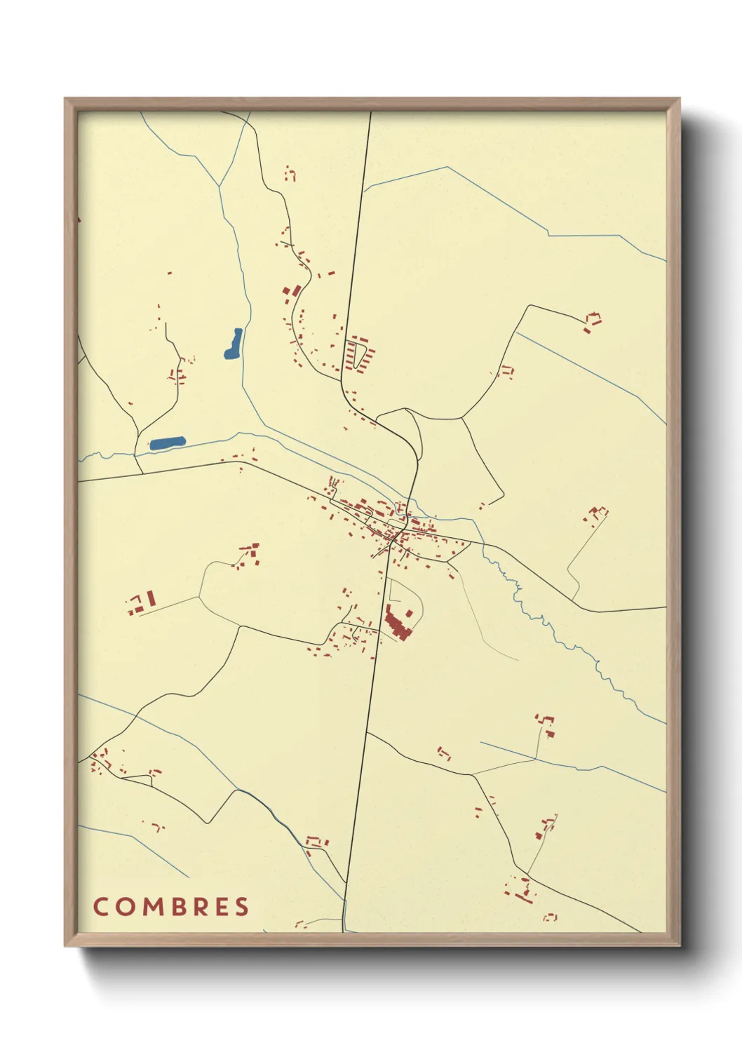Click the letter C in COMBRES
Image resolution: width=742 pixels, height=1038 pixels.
[100, 906]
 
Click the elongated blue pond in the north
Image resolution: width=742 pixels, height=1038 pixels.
[234, 344]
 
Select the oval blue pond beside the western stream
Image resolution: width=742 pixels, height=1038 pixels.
[168, 443]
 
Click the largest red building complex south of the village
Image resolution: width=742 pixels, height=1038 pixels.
[397, 623]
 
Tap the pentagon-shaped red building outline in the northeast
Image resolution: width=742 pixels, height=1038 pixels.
[593, 320]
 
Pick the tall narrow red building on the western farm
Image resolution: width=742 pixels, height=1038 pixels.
[150, 600]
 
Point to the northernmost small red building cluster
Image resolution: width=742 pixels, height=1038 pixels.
[290, 173]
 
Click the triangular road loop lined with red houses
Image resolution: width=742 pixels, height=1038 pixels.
[359, 353]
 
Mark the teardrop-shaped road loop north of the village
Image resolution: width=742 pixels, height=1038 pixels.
[403, 430]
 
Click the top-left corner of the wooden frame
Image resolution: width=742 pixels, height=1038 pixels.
[65, 99]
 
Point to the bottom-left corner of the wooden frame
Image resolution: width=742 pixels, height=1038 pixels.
[65, 945]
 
